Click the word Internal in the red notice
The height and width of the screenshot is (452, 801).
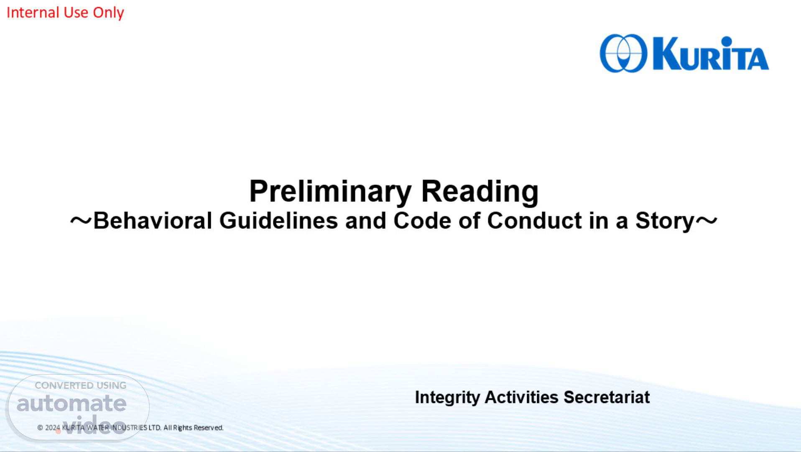pos(33,13)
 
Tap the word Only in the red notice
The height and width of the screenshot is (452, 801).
pos(108,13)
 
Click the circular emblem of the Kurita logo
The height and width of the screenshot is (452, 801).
pos(623,54)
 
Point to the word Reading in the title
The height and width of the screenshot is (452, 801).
pos(480,192)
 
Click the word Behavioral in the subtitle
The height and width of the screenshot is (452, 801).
pos(153,221)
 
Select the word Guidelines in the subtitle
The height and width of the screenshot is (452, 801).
pos(278,221)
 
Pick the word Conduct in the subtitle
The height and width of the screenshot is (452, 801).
pos(534,221)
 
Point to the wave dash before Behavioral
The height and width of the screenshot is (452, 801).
pos(81,221)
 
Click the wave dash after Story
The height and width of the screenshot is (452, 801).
pos(707,221)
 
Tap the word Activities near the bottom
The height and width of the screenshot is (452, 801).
pos(521,397)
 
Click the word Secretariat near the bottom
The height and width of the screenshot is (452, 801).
pos(607,397)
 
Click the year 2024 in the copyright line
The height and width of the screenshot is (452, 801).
pos(53,428)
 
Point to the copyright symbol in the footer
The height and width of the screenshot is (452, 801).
pos(40,428)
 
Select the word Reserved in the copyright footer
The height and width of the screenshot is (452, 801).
pos(208,428)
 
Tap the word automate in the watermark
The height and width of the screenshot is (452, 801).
pos(71,403)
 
